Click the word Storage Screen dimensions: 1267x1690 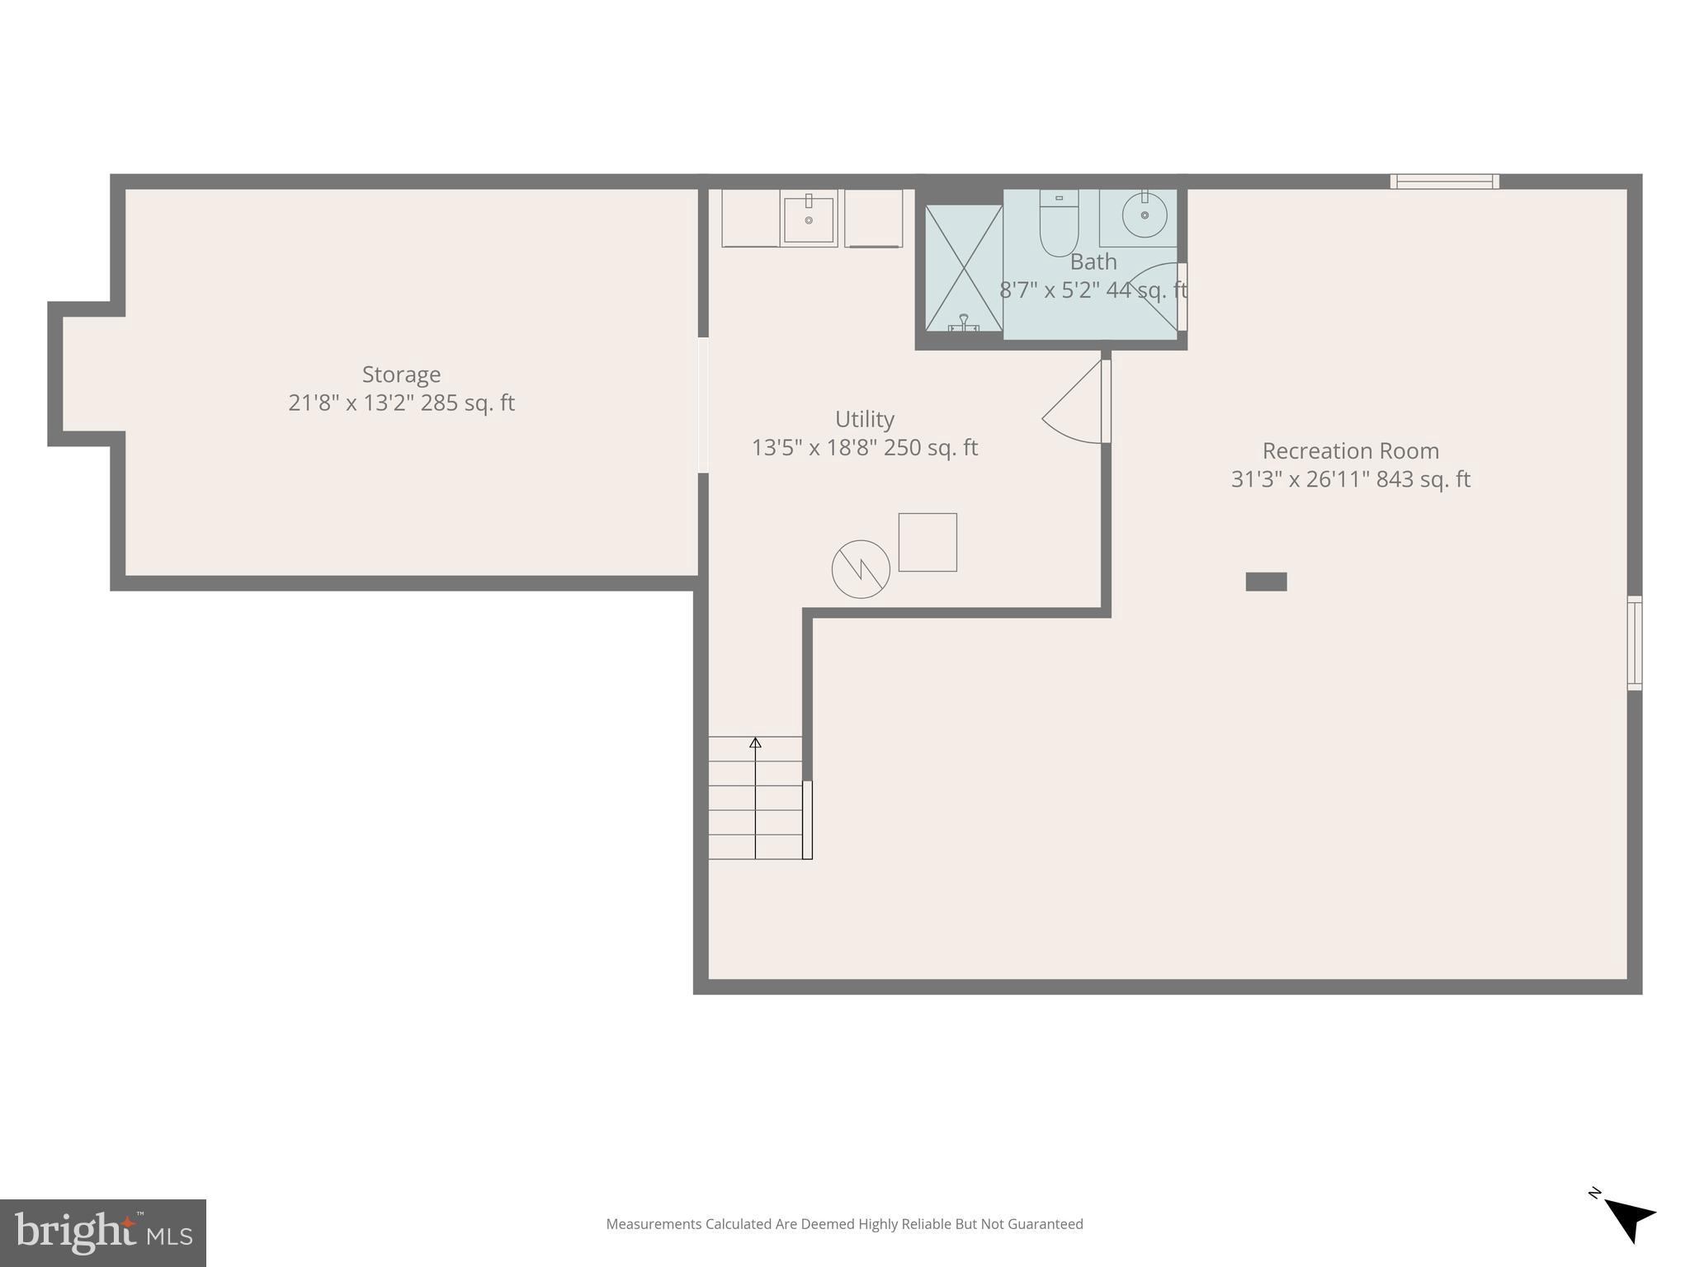[x=401, y=374]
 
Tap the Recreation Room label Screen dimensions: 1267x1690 [x=1350, y=451]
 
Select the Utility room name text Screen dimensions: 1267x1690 [x=864, y=419]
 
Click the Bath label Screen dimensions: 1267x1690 [x=1093, y=261]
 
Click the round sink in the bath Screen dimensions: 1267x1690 [x=1144, y=214]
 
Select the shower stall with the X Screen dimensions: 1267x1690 [x=963, y=267]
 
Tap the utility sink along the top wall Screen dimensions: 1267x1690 [x=809, y=219]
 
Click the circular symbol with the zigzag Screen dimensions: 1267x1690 [x=861, y=569]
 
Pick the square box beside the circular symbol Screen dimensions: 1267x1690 [x=928, y=542]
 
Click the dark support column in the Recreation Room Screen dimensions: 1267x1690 [x=1266, y=582]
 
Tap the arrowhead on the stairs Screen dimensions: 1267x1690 [x=755, y=742]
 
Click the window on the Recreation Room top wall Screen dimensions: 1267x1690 [x=1444, y=181]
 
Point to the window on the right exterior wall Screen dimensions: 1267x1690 [x=1634, y=643]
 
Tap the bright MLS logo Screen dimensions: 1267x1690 [x=103, y=1233]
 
